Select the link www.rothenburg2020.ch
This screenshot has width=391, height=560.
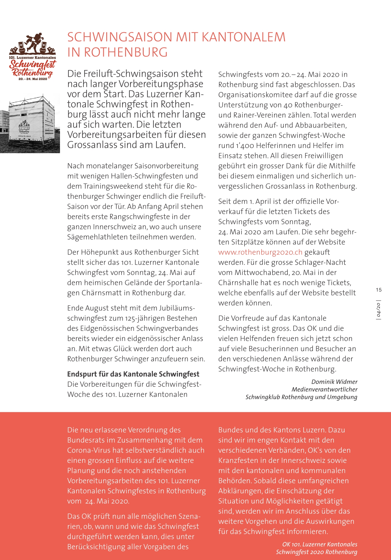260,252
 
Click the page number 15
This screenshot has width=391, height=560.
379,290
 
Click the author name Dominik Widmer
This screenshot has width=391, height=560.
334,382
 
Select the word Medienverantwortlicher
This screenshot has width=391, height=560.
324,389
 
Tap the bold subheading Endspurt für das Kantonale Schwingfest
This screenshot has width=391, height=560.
133,374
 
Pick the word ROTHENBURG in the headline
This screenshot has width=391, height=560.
126,52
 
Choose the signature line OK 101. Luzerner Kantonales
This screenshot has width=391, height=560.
319,544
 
